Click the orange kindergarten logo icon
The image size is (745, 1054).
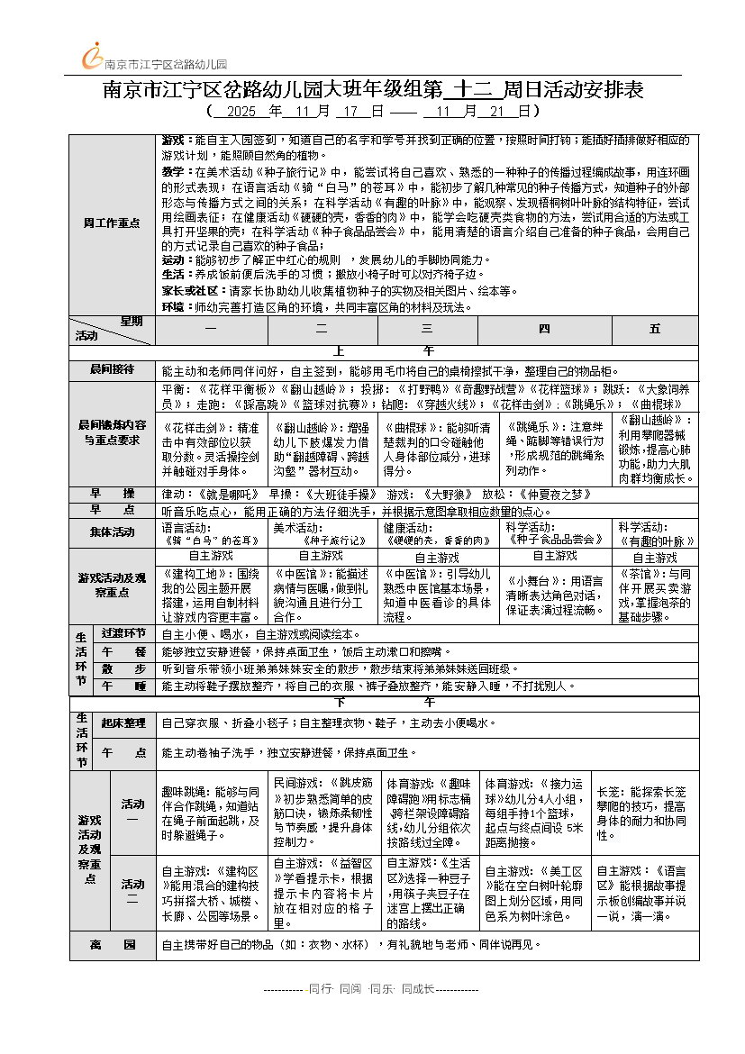coord(92,57)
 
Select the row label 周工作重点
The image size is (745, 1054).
coord(112,223)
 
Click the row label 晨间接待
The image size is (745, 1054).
coord(112,370)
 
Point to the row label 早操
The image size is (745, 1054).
coord(112,494)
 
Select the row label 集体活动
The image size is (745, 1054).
coord(112,533)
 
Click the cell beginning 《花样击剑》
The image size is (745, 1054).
coord(212,449)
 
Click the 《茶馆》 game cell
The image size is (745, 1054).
coord(655,595)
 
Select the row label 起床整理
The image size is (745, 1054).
coord(123,722)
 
